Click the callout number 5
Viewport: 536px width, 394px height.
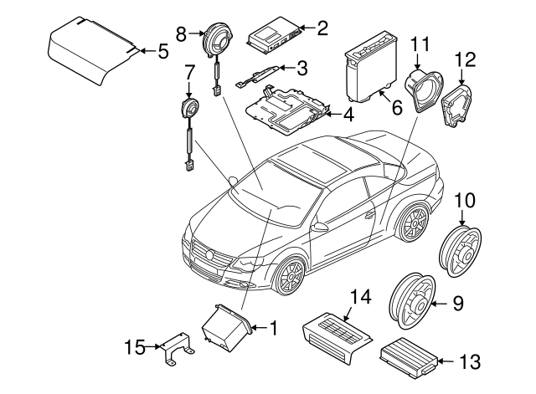[x=162, y=51]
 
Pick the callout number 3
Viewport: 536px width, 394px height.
[x=302, y=68]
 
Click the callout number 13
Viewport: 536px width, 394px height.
[x=472, y=361]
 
